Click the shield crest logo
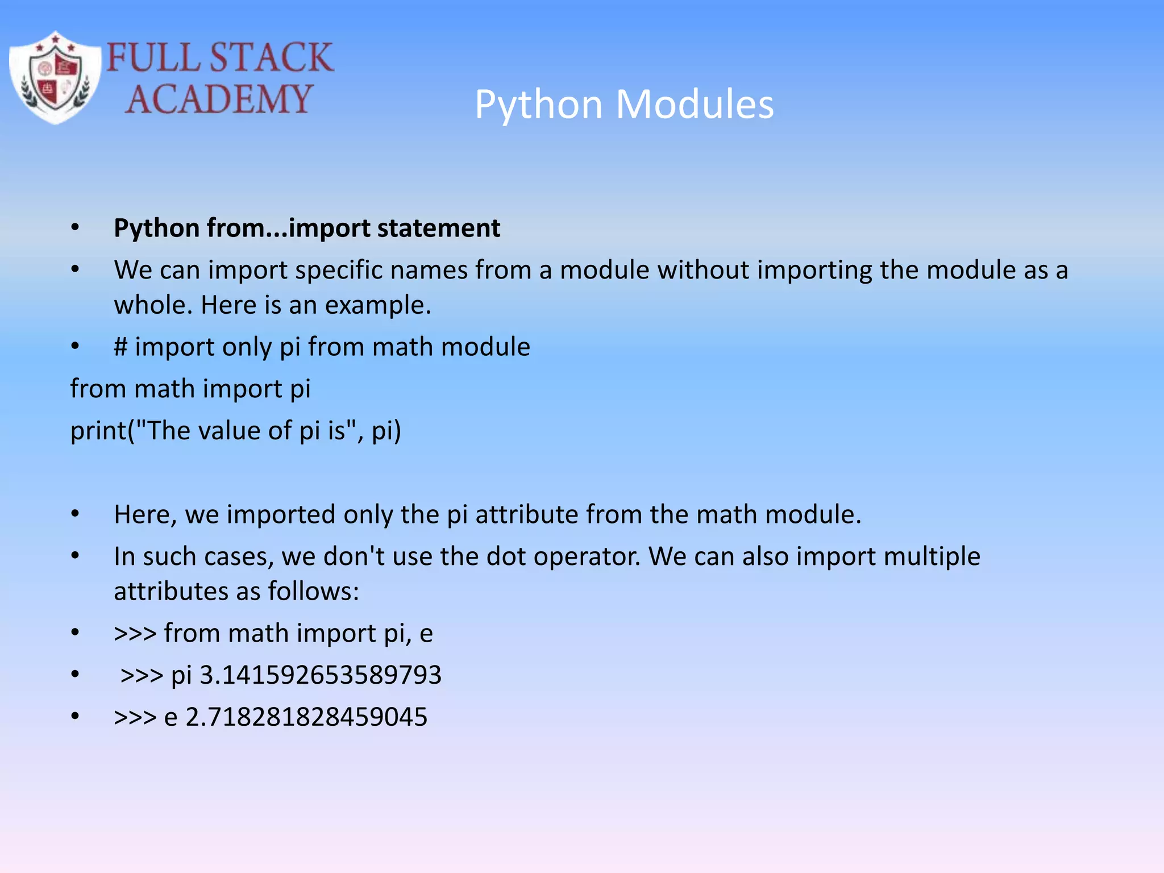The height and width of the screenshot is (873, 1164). (55, 78)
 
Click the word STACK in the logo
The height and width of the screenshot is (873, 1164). (271, 57)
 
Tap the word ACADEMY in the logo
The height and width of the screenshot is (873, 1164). (219, 99)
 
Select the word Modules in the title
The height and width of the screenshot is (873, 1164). (695, 105)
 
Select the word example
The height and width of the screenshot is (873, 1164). (378, 306)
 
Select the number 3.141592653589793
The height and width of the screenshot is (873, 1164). (321, 675)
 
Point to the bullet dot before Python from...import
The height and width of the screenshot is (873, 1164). (75, 228)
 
